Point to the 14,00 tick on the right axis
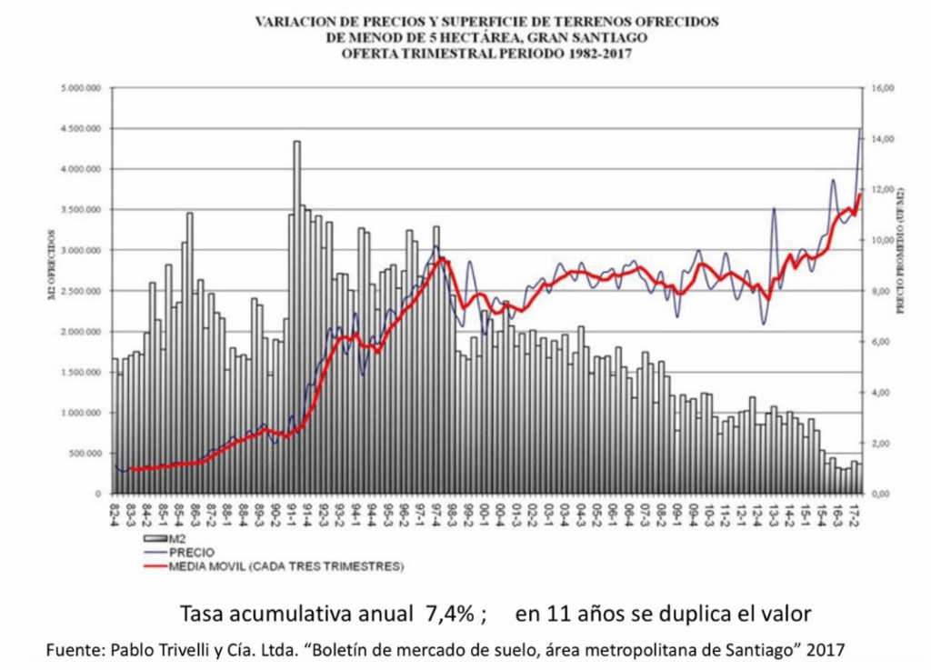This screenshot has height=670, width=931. click(883, 138)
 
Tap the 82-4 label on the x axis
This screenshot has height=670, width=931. click(115, 513)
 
